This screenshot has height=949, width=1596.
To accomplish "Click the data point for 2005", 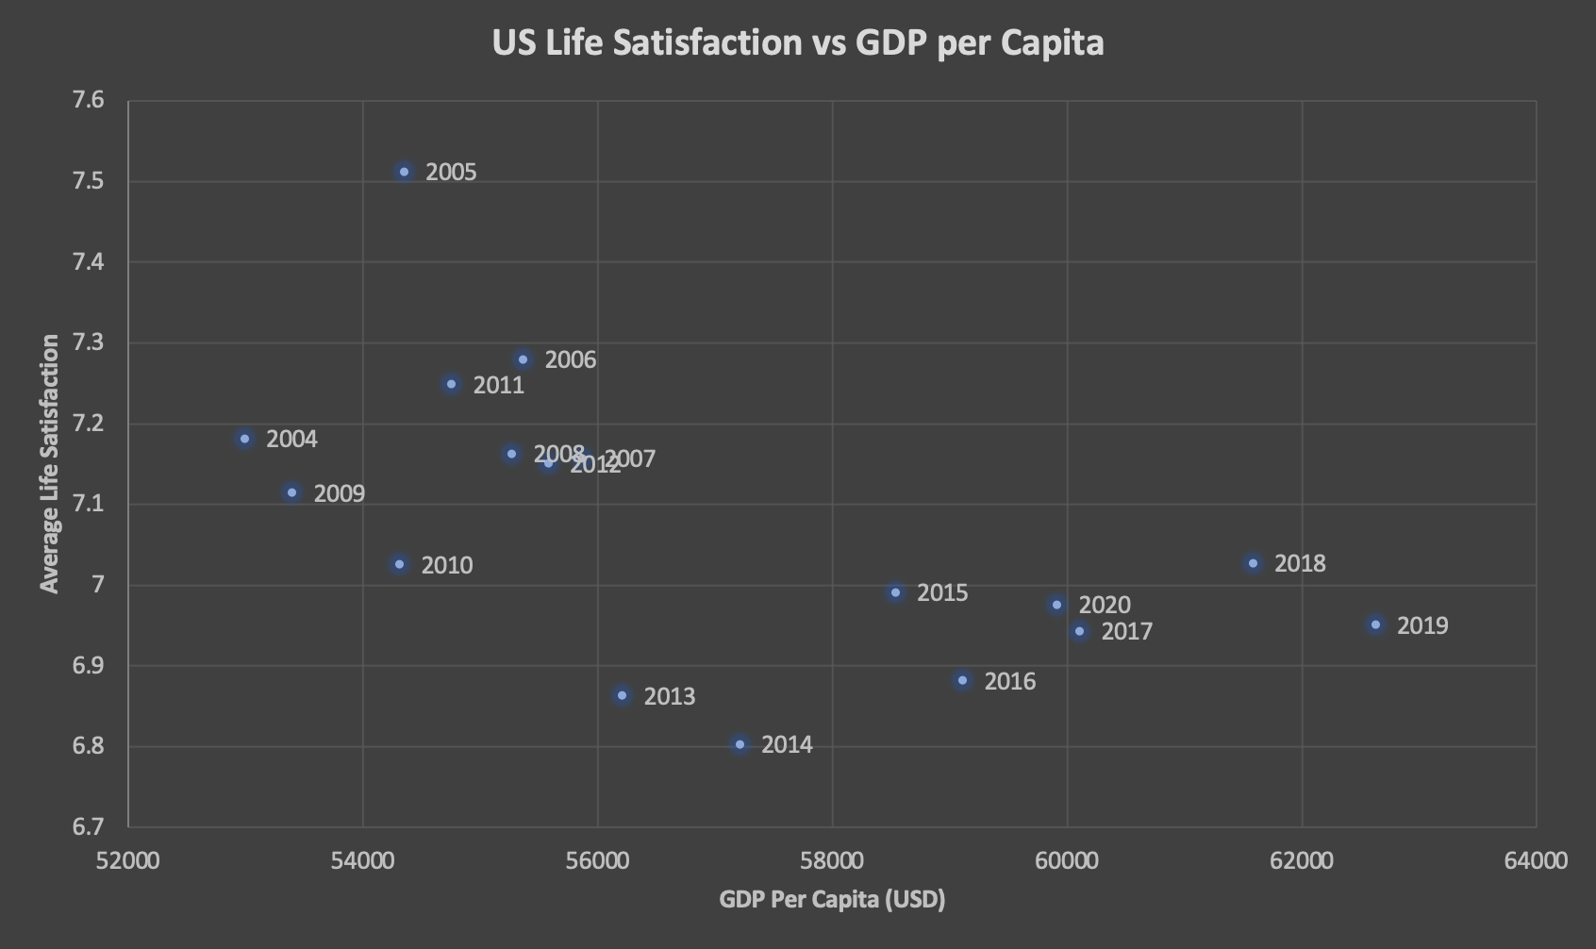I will point(405,172).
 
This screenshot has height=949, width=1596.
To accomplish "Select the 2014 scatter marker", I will point(740,744).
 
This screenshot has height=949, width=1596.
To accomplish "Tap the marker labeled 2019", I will point(1376,624).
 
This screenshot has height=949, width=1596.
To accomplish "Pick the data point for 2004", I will point(245,439).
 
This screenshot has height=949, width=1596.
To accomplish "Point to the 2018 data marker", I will point(1254,563).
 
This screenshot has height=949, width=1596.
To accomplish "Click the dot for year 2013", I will point(623,695).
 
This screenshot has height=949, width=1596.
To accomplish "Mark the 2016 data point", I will point(963,680).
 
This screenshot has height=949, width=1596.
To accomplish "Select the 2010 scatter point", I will point(400,564).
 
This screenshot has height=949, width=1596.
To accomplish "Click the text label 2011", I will point(498,385).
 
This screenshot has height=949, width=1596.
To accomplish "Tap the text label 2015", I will point(942,592).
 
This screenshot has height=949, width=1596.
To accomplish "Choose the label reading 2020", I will point(1104,605).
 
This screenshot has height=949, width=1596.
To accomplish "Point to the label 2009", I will point(339,493).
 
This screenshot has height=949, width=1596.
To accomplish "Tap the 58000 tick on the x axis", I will point(832,860).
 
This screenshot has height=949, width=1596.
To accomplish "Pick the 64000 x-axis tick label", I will point(1537,860).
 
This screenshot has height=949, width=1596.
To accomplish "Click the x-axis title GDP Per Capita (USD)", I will point(832,899).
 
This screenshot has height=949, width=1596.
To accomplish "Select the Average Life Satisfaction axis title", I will point(50,463).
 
